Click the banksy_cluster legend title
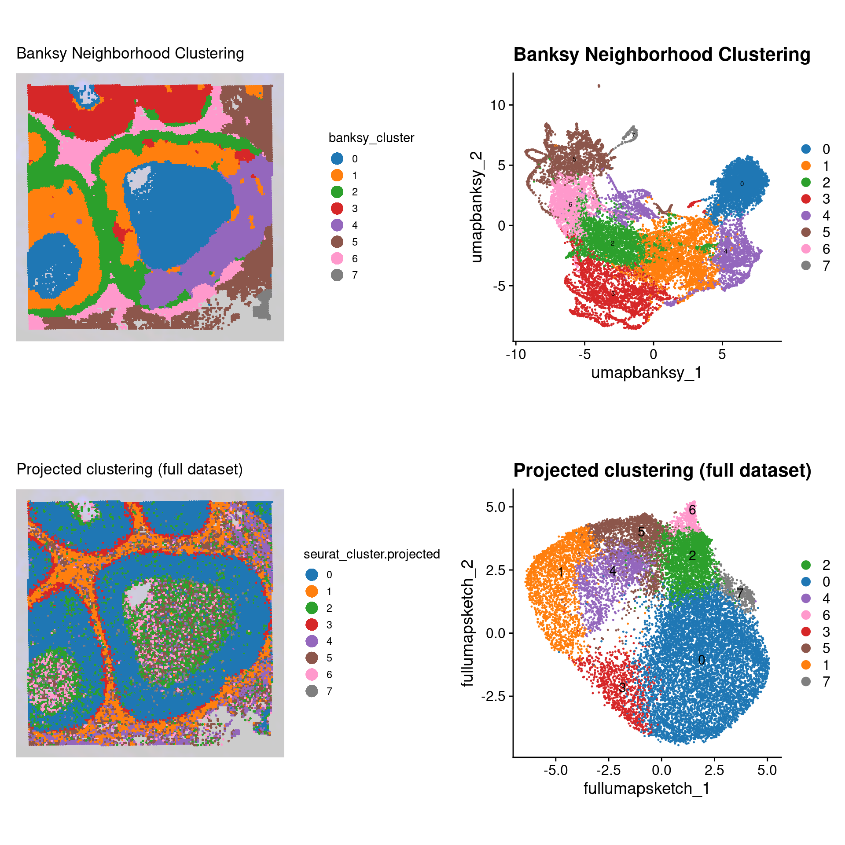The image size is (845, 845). tap(371, 138)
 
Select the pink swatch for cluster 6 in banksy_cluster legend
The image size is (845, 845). tap(337, 259)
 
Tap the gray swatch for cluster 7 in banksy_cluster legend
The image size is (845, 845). tap(337, 275)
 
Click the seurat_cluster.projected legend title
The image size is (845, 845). tap(371, 554)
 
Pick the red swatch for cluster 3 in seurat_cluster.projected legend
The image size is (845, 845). tap(312, 625)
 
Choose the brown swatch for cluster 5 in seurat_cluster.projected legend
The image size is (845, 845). tap(312, 658)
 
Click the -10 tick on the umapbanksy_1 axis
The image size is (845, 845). tap(516, 354)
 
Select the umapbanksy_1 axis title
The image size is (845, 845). tap(646, 373)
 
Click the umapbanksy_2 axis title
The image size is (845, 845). tap(477, 207)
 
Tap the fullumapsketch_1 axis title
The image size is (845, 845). tap(646, 789)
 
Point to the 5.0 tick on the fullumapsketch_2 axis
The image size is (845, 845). tap(496, 507)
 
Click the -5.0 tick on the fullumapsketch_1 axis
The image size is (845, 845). tap(555, 770)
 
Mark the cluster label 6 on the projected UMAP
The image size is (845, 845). tap(692, 510)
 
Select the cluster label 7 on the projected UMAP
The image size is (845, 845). tap(740, 593)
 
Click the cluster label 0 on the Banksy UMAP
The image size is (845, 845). tap(742, 184)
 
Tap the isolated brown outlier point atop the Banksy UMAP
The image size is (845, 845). tap(599, 86)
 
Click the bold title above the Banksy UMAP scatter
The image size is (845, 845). tap(662, 55)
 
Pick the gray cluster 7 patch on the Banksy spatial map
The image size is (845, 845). tap(264, 305)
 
